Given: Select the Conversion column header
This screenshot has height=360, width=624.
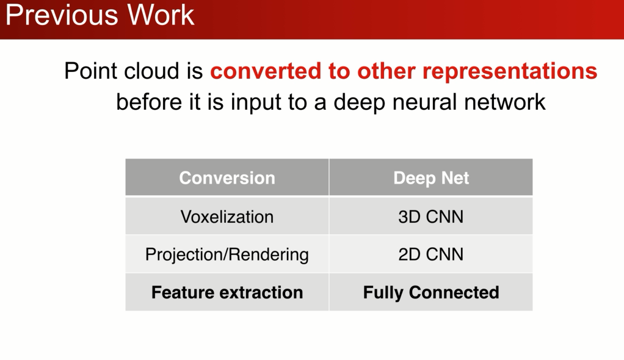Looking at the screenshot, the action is click(227, 178).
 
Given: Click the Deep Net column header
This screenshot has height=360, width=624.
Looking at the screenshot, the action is click(431, 178).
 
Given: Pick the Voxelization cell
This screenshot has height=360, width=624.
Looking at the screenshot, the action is click(227, 217).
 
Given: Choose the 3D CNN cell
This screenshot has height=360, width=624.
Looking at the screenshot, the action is click(431, 217).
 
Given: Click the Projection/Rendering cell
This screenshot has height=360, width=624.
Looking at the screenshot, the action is click(227, 254).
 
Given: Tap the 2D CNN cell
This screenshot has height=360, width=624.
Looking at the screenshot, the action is click(431, 254).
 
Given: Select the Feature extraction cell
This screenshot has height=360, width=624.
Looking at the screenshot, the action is click(227, 293).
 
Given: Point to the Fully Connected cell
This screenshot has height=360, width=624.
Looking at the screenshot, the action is click(431, 293).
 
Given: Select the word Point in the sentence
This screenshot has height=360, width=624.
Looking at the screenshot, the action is click(91, 72).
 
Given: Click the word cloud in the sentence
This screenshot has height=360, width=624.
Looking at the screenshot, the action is click(152, 72).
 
